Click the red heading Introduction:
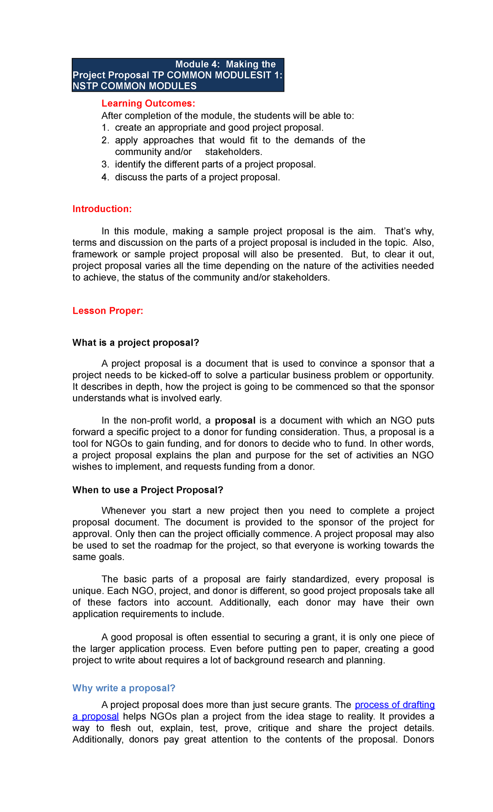[102, 209]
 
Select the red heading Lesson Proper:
[108, 311]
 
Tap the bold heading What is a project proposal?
[136, 343]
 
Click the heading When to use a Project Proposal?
[147, 490]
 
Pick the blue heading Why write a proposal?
[124, 688]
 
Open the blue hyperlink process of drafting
[394, 705]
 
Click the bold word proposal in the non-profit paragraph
[235, 420]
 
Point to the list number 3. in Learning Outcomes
[105, 164]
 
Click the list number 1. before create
[105, 128]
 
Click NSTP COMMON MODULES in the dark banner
[134, 86]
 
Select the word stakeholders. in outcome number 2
[233, 152]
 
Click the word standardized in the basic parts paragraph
[320, 579]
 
